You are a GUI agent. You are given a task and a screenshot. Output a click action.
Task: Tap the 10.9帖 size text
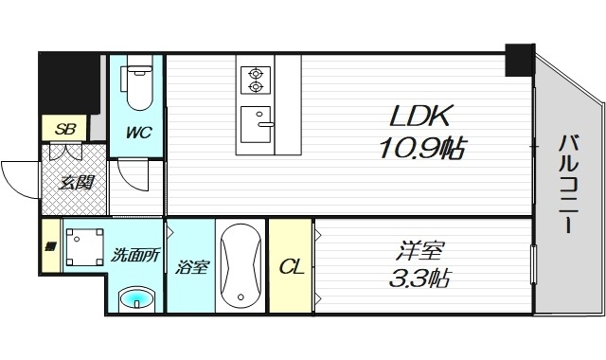pyautogui.click(x=422, y=148)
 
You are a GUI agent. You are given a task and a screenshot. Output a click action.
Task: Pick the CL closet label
pyautogui.click(x=290, y=267)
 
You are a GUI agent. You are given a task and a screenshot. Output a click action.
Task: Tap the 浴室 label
pyautogui.click(x=191, y=267)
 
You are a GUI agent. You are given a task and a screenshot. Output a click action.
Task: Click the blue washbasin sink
pyautogui.click(x=138, y=300)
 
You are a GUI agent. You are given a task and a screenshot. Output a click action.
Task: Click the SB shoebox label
pyautogui.click(x=64, y=128)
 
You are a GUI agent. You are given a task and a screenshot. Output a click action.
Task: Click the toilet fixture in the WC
pyautogui.click(x=139, y=84)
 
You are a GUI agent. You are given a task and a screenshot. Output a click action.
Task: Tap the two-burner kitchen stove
pyautogui.click(x=255, y=80)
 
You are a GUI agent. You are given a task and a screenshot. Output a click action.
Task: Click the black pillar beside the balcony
pyautogui.click(x=519, y=60)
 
